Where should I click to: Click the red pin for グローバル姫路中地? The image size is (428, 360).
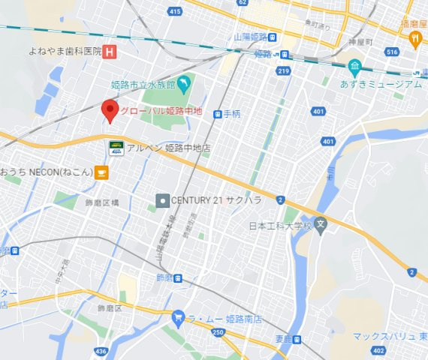click(110, 110)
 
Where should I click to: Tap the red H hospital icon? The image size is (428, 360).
click(110, 52)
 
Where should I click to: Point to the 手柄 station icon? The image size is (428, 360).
click(218, 114)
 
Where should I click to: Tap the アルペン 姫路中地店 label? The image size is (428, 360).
click(168, 148)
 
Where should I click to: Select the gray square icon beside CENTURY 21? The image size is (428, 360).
click(161, 200)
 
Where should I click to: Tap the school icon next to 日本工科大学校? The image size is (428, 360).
click(321, 224)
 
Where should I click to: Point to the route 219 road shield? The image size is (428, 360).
click(283, 70)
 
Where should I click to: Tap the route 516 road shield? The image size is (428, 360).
click(391, 51)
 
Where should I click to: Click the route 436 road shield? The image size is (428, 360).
click(102, 351)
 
